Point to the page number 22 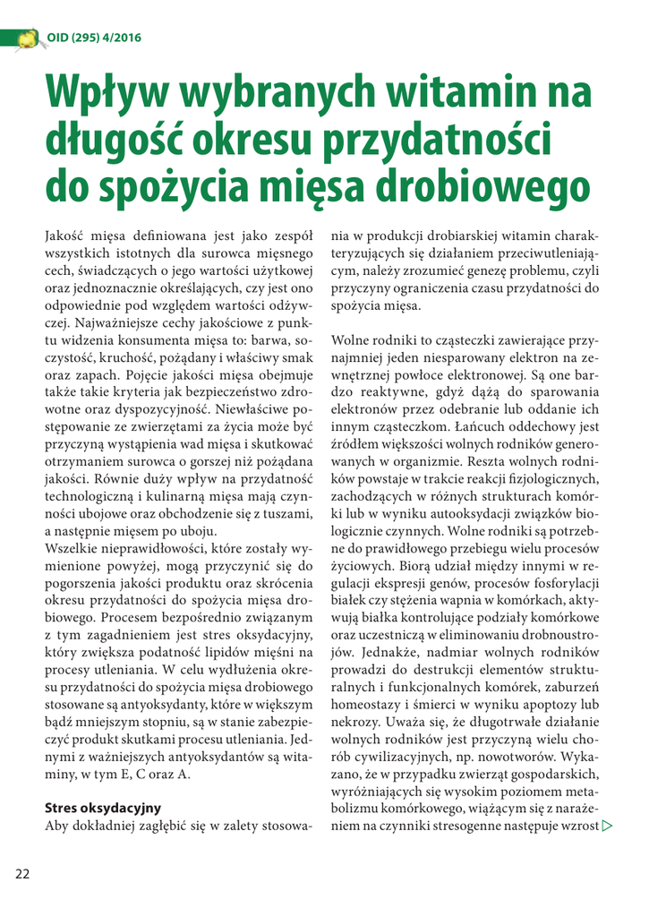21,875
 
